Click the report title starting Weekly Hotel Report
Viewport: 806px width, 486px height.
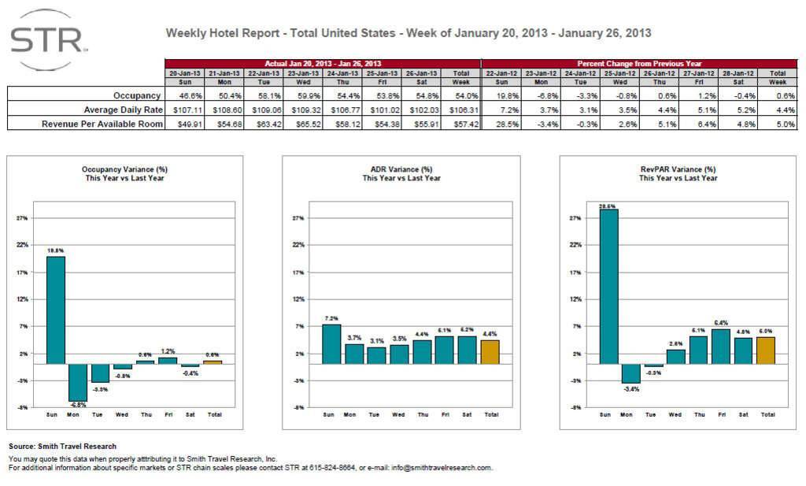408,33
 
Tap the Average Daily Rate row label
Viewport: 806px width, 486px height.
116,109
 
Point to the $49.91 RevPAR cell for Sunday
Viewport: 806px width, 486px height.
185,123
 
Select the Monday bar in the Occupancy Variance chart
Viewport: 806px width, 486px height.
77,382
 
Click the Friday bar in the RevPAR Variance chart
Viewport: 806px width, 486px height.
720,346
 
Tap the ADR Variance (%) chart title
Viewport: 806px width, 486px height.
401,169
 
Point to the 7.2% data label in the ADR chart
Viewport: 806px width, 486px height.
331,317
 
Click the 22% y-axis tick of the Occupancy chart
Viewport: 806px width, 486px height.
24,245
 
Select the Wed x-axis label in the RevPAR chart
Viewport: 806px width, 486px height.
675,414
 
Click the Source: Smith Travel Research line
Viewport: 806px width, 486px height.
62,447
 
